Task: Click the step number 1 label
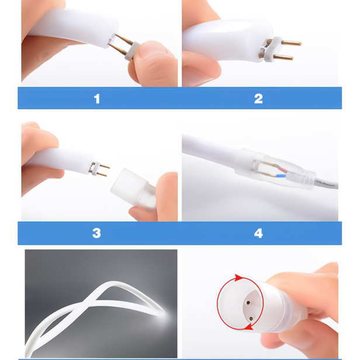(96, 99)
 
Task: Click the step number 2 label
(258, 99)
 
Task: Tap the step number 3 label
(96, 233)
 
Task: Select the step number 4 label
(258, 233)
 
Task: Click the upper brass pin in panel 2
(291, 43)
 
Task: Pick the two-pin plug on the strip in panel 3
(99, 169)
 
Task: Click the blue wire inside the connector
(279, 176)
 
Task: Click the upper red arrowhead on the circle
(238, 278)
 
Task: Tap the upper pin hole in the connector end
(248, 303)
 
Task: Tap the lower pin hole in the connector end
(251, 319)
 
